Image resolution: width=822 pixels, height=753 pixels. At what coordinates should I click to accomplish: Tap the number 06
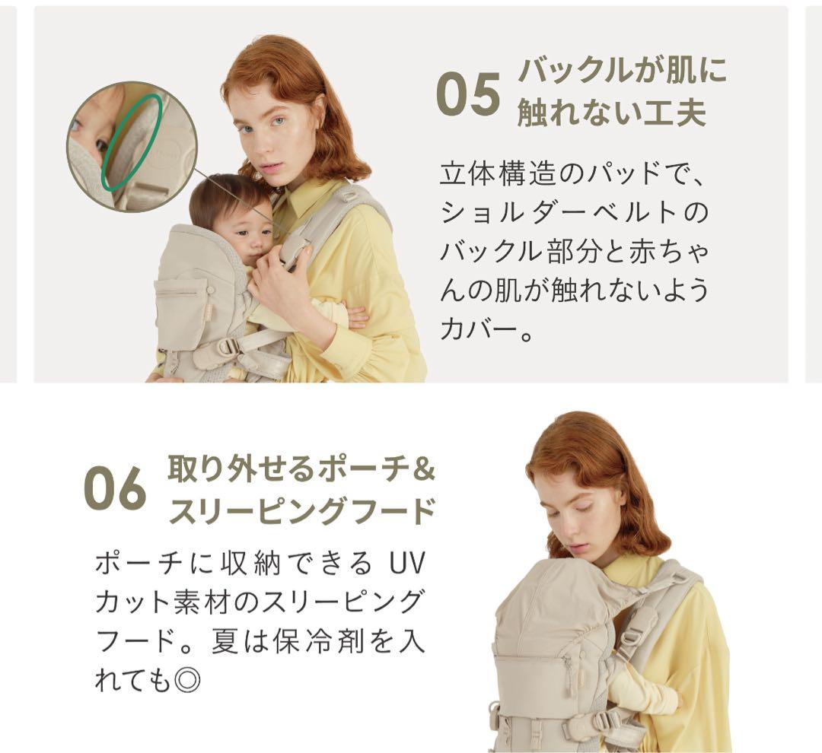(x=115, y=488)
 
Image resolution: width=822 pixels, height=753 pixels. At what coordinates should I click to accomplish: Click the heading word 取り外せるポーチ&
(x=301, y=469)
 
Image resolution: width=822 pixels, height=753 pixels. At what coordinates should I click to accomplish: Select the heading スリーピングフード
(x=301, y=511)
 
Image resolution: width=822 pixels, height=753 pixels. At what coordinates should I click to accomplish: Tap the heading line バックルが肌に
(x=622, y=71)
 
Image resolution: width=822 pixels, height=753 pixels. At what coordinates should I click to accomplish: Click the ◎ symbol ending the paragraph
(x=186, y=679)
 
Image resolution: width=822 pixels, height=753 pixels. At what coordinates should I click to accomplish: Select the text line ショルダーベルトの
(x=574, y=212)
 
